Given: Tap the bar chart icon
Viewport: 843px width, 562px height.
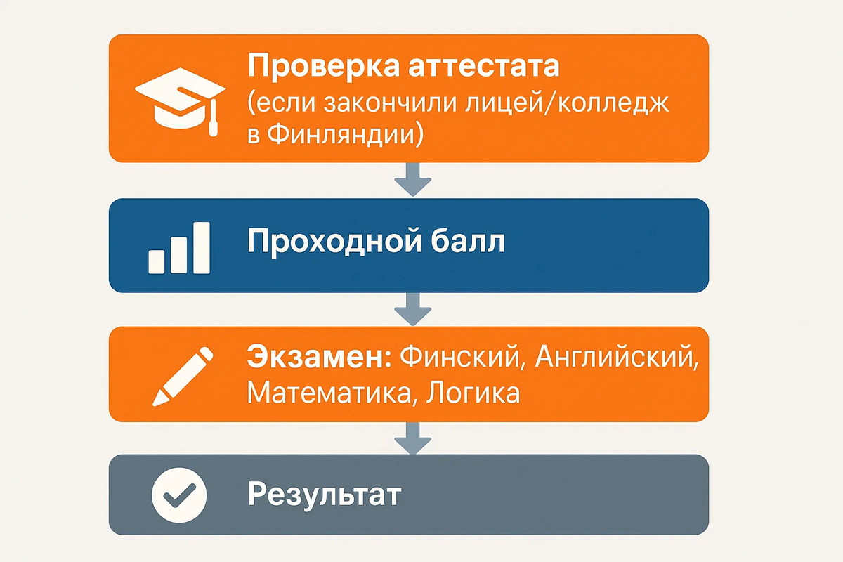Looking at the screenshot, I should (179, 247).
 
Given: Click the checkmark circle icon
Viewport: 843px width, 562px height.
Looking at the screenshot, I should (179, 495).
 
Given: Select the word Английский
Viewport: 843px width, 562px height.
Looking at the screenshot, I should (617, 358).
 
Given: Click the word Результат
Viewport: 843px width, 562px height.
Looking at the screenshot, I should (323, 495).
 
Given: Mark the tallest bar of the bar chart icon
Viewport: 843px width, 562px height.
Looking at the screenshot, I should (202, 247).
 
